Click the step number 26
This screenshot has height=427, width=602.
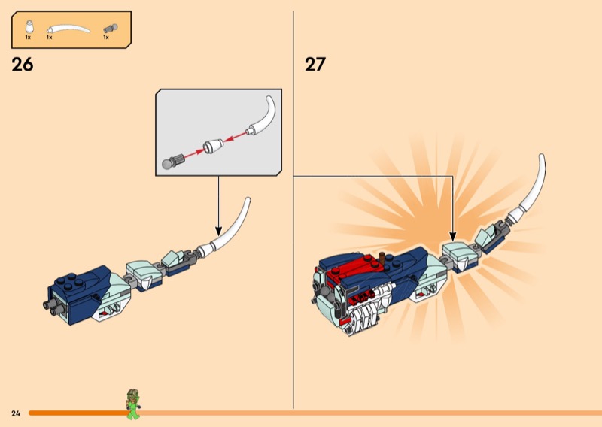(x=23, y=65)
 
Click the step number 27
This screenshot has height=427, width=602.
(x=315, y=65)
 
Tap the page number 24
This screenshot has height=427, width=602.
(x=16, y=413)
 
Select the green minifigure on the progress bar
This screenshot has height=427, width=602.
(x=133, y=404)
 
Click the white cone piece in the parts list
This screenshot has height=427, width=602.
(x=29, y=27)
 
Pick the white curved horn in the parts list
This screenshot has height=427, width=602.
(x=68, y=29)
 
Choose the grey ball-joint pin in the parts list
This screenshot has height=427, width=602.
(x=111, y=29)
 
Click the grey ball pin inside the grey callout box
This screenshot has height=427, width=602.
(x=174, y=161)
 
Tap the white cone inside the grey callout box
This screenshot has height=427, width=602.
(x=213, y=146)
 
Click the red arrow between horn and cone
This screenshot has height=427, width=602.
(x=236, y=137)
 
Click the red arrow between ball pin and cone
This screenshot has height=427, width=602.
(x=194, y=153)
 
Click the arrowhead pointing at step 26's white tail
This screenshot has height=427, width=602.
(x=218, y=231)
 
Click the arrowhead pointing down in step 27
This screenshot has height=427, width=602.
(x=453, y=236)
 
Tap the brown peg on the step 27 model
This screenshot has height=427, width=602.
(x=383, y=258)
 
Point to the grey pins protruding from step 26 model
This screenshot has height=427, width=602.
(x=53, y=307)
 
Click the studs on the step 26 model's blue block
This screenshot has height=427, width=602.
(x=71, y=282)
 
